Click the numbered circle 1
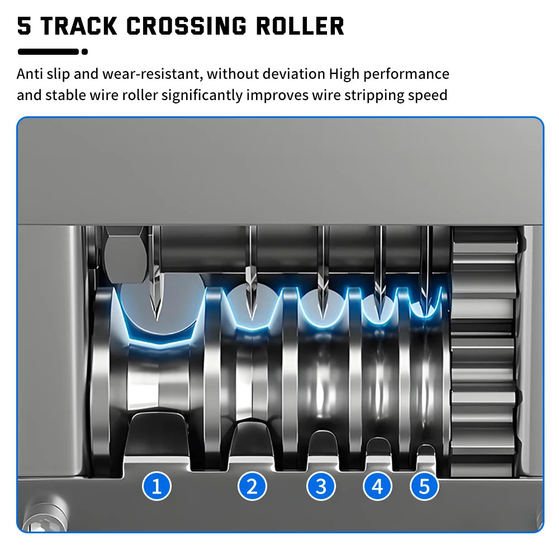tap(157, 486)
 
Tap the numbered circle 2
tap(252, 486)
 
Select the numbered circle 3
tap(321, 486)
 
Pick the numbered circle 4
tap(377, 486)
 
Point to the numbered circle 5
tap(424, 486)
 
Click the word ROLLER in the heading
tap(300, 26)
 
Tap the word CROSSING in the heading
tap(187, 26)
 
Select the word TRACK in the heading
tap(79, 26)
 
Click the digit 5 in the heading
tap(24, 26)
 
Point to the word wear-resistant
tap(153, 74)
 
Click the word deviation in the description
tap(294, 74)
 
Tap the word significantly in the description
tap(202, 95)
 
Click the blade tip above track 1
tap(156, 319)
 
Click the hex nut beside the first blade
tap(125, 254)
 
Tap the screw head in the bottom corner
tap(44, 517)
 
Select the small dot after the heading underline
tap(84, 51)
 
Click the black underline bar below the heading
tap(48, 51)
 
